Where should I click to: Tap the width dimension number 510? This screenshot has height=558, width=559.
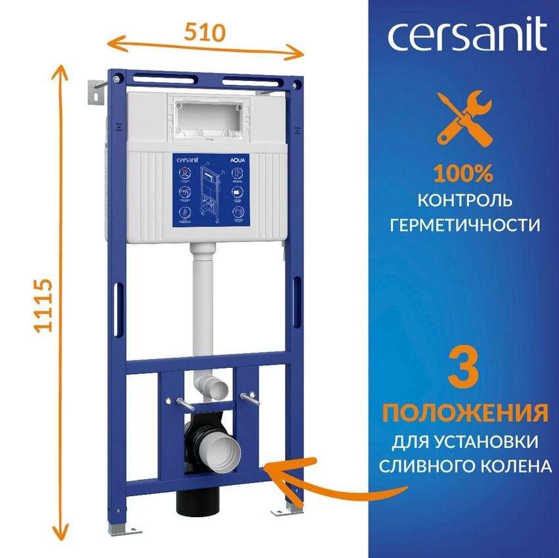pos(204,31)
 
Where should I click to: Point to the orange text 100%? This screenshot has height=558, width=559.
pos(462,174)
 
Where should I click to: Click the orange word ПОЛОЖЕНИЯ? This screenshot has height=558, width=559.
pos(465,413)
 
